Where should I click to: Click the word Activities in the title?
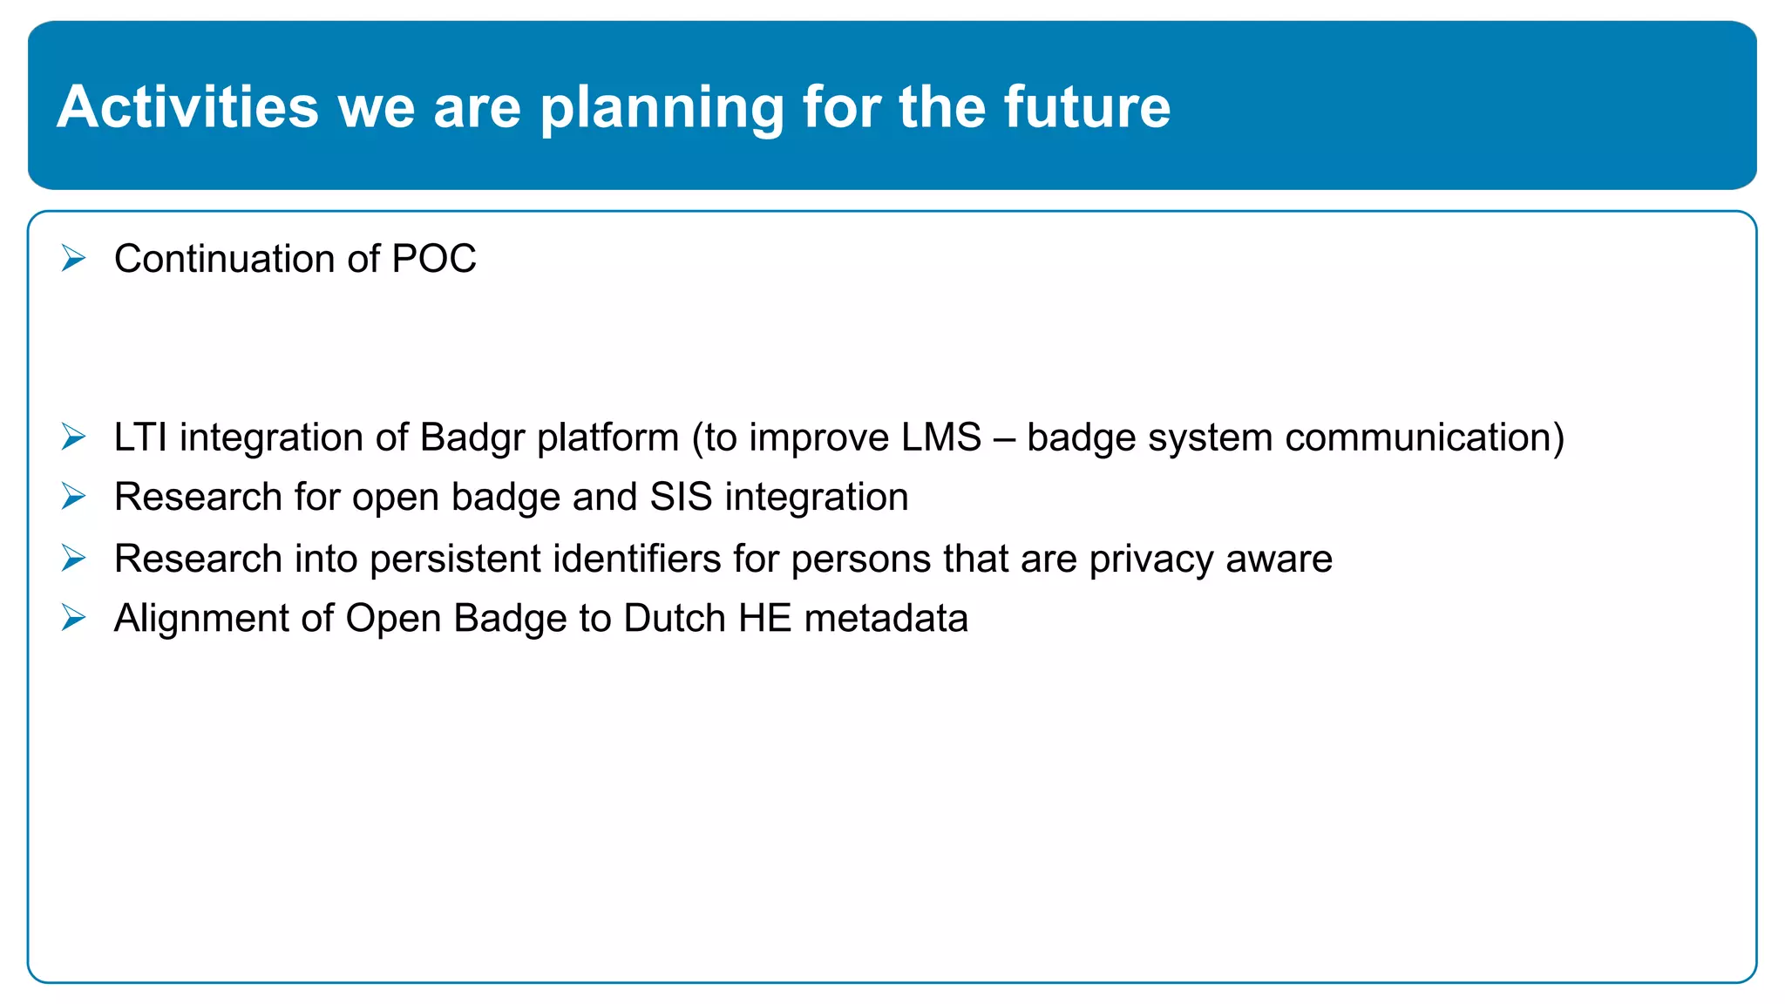pos(188,107)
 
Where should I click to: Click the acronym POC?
pos(434,259)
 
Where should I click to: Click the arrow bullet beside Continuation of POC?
pos(74,258)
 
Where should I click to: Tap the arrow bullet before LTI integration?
pos(74,437)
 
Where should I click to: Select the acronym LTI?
pos(140,437)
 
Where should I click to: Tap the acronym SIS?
pos(681,497)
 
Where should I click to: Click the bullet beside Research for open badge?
pos(74,497)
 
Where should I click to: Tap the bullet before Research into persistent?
pos(74,558)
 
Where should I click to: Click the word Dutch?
pos(675,618)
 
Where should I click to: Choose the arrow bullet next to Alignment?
pos(74,618)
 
